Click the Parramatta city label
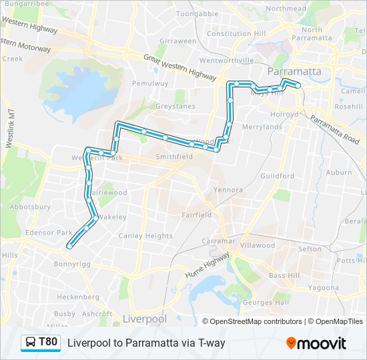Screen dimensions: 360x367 coord(294,71)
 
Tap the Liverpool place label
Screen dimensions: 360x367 coord(144,319)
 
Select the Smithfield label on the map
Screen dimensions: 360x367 coord(174,157)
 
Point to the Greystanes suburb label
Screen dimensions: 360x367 coord(174,105)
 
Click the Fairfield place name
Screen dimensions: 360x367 coord(197,215)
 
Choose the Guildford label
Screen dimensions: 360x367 coord(278,176)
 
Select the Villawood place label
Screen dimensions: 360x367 coord(258,245)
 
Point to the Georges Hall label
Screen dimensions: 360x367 coord(266,302)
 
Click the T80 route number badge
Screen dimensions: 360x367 coord(48,342)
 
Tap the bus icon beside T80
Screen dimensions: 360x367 coord(31,343)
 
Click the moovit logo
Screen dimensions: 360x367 coord(316,343)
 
